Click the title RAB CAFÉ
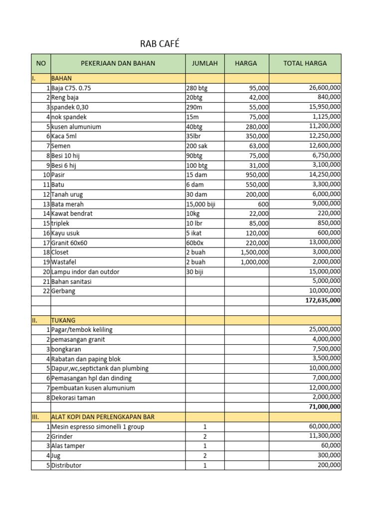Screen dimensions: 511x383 coord(160,44)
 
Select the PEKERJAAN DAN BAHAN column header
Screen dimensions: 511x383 coord(118,63)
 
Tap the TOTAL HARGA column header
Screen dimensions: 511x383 coord(305,63)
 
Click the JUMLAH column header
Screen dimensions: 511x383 coord(205,63)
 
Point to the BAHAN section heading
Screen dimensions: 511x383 coord(62,78)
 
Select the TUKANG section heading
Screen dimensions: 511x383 coord(63,320)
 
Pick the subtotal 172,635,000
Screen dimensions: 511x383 coord(322,300)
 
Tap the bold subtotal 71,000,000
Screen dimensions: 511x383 coord(324,407)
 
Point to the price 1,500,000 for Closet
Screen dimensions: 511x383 coord(254,253)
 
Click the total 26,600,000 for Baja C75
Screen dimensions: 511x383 coord(325,88)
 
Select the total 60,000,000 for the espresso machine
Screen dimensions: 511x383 coord(325,426)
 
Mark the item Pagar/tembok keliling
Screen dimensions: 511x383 coord(82,330)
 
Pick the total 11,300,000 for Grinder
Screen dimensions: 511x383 coord(325,436)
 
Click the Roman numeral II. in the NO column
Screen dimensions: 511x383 coord(34,320)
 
